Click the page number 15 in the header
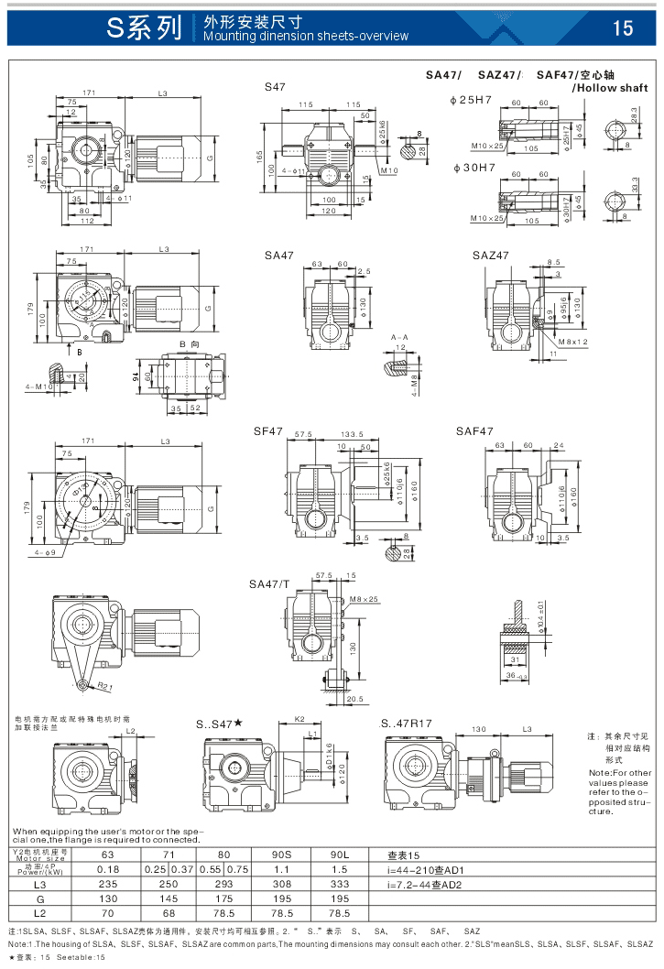click(x=623, y=28)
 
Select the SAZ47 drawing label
click(x=491, y=255)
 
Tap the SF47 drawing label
click(x=268, y=430)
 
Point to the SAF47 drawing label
click(x=474, y=430)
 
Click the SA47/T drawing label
click(x=269, y=583)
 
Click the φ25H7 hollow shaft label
click(x=472, y=99)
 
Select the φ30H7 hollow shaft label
click(x=472, y=168)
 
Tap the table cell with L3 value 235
click(x=108, y=884)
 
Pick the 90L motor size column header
click(x=338, y=854)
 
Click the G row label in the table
click(x=38, y=898)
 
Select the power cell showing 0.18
click(x=108, y=868)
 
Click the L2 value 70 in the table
click(x=108, y=913)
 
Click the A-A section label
click(x=399, y=338)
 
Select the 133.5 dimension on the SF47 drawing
click(x=352, y=435)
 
